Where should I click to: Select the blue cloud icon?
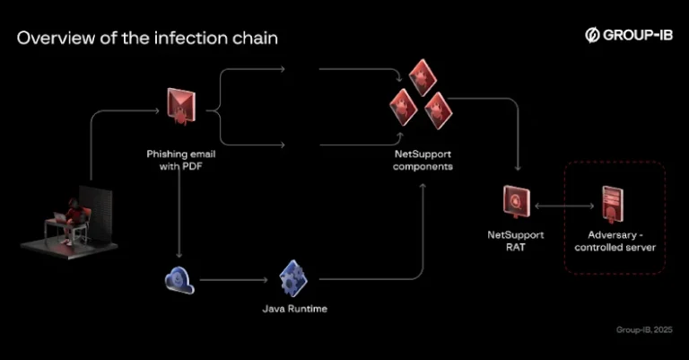point(179,281)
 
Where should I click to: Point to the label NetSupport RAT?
point(511,240)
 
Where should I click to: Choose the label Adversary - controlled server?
point(615,240)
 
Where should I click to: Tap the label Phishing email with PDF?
point(180,160)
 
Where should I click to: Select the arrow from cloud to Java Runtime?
point(233,280)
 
